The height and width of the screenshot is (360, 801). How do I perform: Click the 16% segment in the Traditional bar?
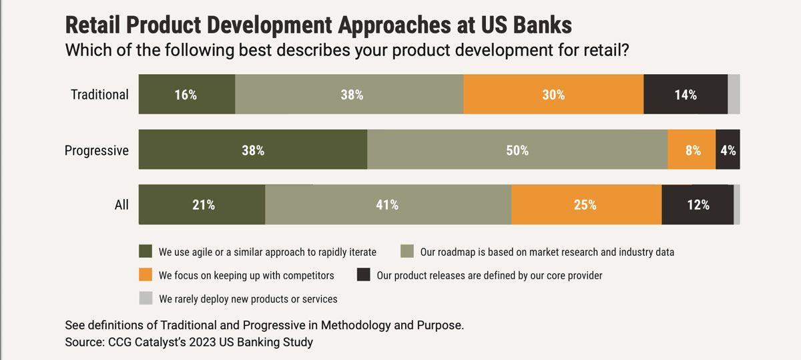coord(187,94)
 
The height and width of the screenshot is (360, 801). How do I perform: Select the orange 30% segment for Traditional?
coord(553,94)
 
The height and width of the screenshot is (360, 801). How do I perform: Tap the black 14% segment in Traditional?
coord(685,94)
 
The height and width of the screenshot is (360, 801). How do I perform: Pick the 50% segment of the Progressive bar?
coord(517,150)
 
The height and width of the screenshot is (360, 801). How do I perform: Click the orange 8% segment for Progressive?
coord(692,150)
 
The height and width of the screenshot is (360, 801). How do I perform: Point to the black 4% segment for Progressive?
coord(728,150)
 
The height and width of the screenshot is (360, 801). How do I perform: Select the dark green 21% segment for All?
coord(202,204)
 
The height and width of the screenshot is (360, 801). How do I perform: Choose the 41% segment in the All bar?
coord(387,204)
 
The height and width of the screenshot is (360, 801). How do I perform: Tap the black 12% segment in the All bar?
coord(698,204)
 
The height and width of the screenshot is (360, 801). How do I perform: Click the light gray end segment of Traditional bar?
coord(734,94)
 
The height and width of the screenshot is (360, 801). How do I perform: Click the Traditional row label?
coord(99,94)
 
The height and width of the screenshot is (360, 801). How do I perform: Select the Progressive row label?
coord(96,150)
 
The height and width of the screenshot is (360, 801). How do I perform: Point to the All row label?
coord(121,205)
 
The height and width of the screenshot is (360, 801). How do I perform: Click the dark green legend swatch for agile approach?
coord(146,252)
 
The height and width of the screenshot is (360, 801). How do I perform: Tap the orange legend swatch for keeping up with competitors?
coord(146,275)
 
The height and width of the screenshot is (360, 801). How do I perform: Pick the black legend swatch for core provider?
coord(364,275)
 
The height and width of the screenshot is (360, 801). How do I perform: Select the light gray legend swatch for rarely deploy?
coord(146,298)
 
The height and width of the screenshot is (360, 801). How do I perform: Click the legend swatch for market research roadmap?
coord(407,252)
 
